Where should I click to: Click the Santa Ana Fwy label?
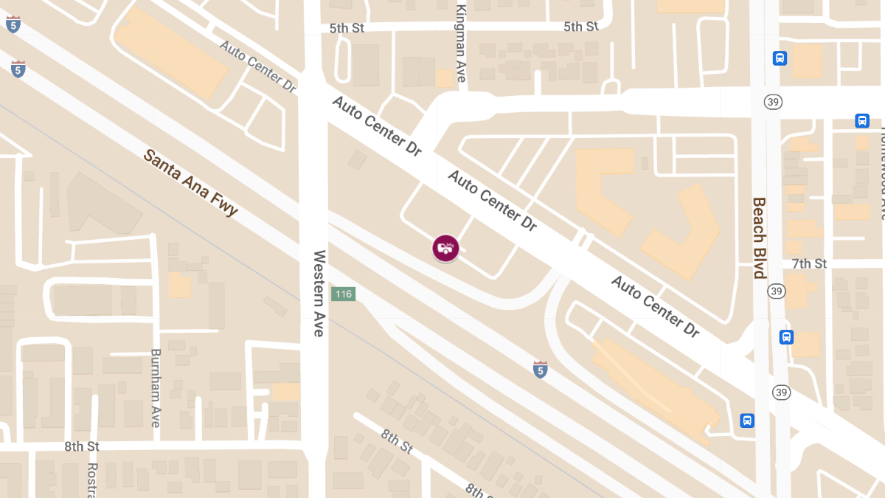[x=191, y=182]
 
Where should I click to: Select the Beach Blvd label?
[x=759, y=238]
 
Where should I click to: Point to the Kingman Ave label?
[x=462, y=43]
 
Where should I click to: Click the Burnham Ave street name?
[x=156, y=388]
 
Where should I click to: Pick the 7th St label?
[x=809, y=263]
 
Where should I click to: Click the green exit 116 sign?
[x=343, y=294]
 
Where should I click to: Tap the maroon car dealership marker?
[x=445, y=248]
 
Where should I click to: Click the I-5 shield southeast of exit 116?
[x=541, y=370]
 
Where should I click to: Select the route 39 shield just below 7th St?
[x=776, y=291]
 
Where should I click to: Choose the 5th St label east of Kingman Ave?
[x=581, y=27]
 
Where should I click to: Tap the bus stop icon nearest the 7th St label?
[x=787, y=337]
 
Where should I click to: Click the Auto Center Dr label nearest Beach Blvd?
[x=655, y=306]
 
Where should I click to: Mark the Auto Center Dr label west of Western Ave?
[x=257, y=66]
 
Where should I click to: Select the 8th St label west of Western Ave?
[x=82, y=446]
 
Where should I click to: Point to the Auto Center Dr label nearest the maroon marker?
[x=492, y=200]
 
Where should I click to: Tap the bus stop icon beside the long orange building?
[x=747, y=421]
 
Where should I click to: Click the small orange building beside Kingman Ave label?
[x=444, y=78]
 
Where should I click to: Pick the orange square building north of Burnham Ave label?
[x=179, y=285]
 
